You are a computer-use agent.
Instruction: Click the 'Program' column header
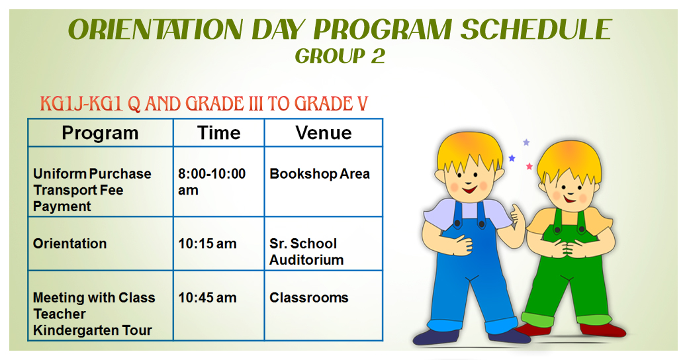[x=100, y=133]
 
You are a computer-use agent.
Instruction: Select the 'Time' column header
[x=218, y=133]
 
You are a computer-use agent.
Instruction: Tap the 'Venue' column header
[x=324, y=133]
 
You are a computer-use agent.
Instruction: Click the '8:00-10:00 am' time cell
[x=212, y=182]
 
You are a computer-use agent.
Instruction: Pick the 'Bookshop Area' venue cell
[x=320, y=174]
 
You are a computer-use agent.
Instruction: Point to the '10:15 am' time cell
[x=207, y=244]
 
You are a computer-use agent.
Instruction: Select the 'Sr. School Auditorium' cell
[x=306, y=251]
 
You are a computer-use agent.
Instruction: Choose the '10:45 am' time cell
[x=207, y=298]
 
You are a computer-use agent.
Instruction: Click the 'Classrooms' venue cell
[x=309, y=298]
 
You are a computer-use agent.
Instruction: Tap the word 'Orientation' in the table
[x=69, y=244]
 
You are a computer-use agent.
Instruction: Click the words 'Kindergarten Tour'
[x=93, y=330]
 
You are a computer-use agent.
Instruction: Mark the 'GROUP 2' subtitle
[x=340, y=56]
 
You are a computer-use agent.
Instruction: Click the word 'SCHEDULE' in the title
[x=536, y=30]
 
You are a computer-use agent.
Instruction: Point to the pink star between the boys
[x=529, y=166]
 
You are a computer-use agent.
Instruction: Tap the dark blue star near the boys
[x=512, y=157]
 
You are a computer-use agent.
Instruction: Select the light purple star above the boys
[x=526, y=142]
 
